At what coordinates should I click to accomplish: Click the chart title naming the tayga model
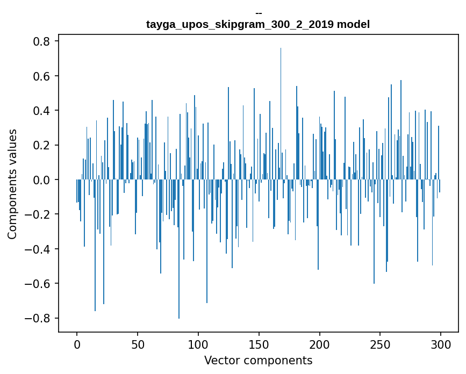258,25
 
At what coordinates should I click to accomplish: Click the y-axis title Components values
12,184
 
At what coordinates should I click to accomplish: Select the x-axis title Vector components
258,360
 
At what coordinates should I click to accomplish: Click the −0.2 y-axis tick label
37,214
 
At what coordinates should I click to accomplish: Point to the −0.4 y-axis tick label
37,249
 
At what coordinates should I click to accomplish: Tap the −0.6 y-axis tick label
37,283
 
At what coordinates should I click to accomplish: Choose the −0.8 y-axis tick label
37,318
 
